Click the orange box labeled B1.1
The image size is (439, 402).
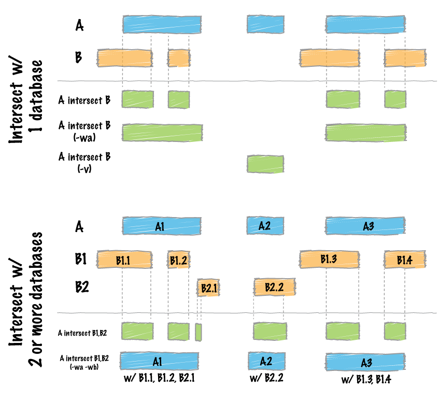click(124, 260)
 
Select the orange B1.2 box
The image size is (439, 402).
click(178, 260)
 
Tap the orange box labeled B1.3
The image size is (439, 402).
click(329, 259)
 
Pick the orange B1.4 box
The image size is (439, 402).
click(405, 260)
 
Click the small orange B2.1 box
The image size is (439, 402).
click(208, 288)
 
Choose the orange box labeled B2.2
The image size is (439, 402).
click(274, 287)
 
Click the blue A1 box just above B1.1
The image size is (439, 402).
click(161, 226)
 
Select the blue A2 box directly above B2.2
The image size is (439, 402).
click(265, 225)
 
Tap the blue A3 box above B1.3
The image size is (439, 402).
click(365, 226)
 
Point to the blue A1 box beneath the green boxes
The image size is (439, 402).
click(159, 361)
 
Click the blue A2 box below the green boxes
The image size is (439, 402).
click(266, 361)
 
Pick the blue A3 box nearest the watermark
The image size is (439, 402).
click(365, 362)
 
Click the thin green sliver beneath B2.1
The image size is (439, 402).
click(199, 332)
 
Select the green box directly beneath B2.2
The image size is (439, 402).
click(270, 332)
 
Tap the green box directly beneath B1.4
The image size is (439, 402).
click(395, 332)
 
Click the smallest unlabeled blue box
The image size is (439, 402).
click(265, 24)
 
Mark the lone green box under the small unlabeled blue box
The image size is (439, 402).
click(265, 164)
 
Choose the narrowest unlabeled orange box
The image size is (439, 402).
click(179, 58)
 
